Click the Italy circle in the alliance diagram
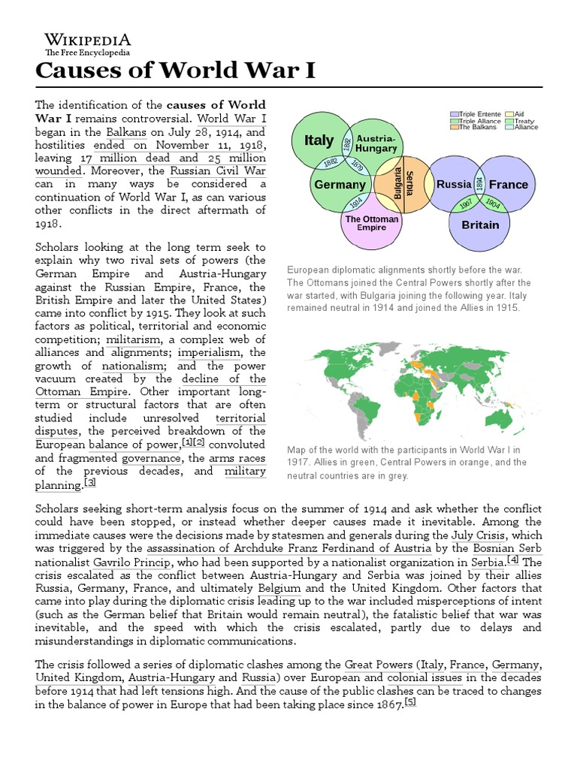pos(319,140)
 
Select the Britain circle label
pos(480,225)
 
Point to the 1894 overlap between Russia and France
pos(479,184)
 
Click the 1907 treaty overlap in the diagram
pos(466,203)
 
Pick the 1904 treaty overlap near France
pos(493,203)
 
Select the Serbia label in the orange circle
pos(409,184)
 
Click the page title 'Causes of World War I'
pos(176,71)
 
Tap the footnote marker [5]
pos(409,702)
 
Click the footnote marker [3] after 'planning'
pos(90,482)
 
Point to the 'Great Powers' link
pos(379,665)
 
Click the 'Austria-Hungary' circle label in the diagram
pos(376,143)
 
